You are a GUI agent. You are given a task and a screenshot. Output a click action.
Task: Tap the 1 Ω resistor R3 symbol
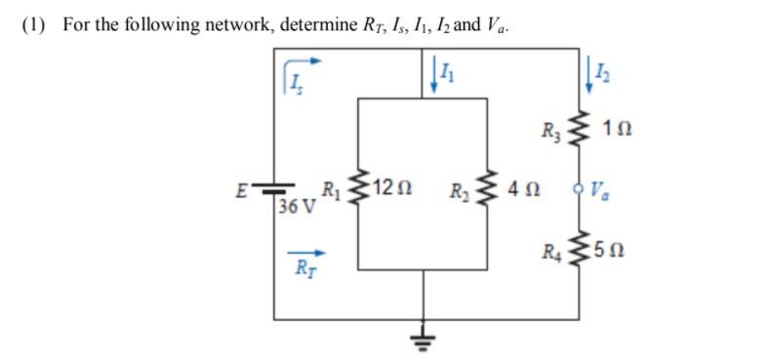tap(585, 127)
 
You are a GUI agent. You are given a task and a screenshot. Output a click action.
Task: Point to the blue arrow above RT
tap(305, 251)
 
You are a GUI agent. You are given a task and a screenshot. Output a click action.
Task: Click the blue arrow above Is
tap(303, 60)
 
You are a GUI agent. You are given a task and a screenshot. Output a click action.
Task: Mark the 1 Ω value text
tap(619, 128)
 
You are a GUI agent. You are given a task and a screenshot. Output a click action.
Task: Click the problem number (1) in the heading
tap(34, 24)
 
